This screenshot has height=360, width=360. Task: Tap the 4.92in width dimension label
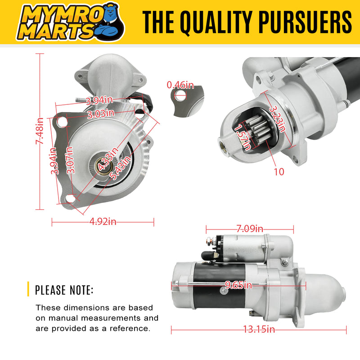coord(103,221)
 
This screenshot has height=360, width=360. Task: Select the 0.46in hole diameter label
coord(180,85)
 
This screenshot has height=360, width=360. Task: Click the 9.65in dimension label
coord(238,284)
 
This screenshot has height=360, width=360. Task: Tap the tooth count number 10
coord(279,172)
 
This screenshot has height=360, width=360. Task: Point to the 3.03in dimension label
coord(100,114)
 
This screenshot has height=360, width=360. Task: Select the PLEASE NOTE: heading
coord(64,290)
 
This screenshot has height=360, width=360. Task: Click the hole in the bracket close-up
coord(180,94)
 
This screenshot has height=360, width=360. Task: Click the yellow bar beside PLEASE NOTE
coord(28,289)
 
